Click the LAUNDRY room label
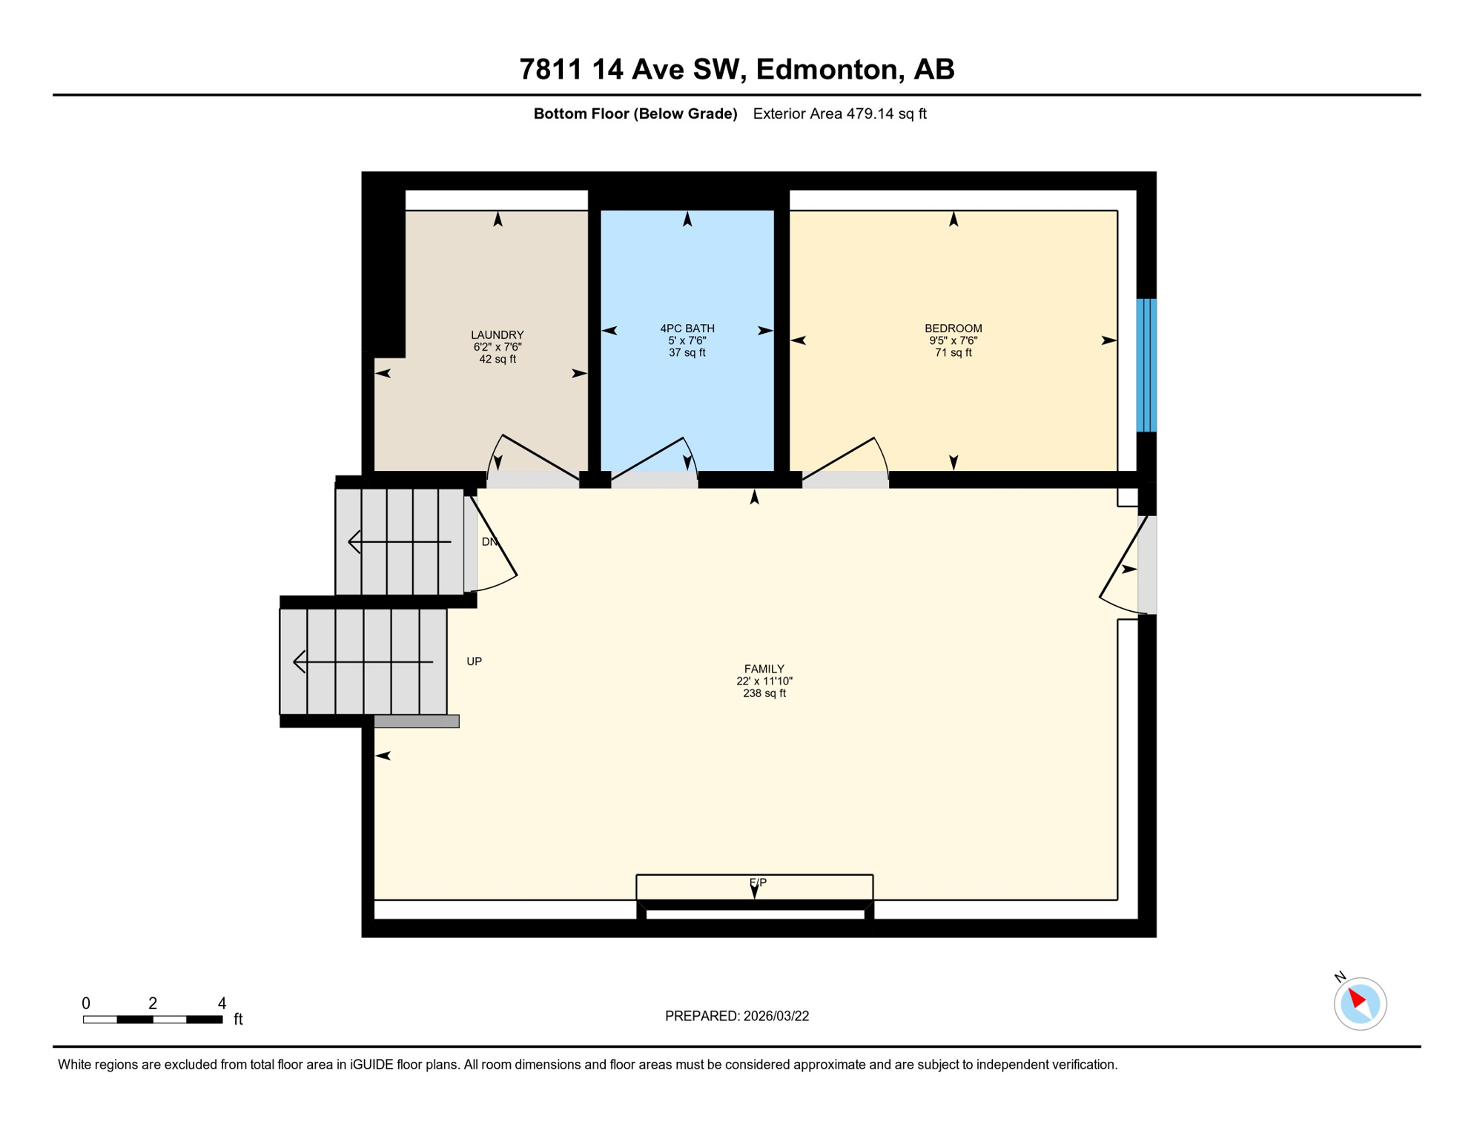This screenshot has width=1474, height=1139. click(497, 335)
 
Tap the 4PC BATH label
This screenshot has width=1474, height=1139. click(687, 329)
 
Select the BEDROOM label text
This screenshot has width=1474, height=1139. click(953, 329)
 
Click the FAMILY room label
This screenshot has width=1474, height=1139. click(764, 669)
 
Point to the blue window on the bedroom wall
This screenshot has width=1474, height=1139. click(1146, 365)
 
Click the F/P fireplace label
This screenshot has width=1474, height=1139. click(757, 882)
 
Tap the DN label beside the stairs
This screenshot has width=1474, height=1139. click(489, 542)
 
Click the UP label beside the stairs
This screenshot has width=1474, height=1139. click(474, 661)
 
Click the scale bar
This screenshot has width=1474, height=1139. click(153, 1020)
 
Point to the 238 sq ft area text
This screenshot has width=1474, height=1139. click(764, 693)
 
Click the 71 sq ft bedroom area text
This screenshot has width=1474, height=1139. click(953, 353)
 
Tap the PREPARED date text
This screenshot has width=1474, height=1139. click(736, 1016)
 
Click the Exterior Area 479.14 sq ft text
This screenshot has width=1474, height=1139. click(839, 113)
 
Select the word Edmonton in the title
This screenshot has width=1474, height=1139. click(827, 69)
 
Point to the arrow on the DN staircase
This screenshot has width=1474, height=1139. click(399, 542)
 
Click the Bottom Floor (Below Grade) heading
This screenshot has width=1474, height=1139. click(635, 113)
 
